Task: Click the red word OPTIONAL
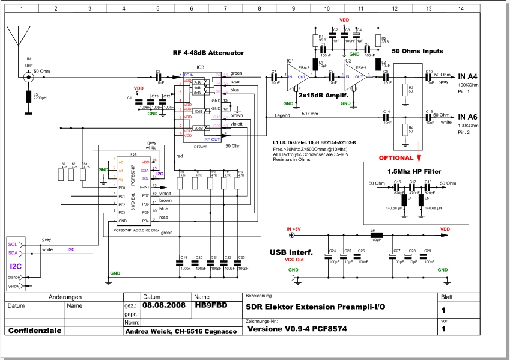click(x=395, y=158)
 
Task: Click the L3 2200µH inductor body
click(x=28, y=97)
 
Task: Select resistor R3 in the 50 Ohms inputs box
click(x=405, y=90)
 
